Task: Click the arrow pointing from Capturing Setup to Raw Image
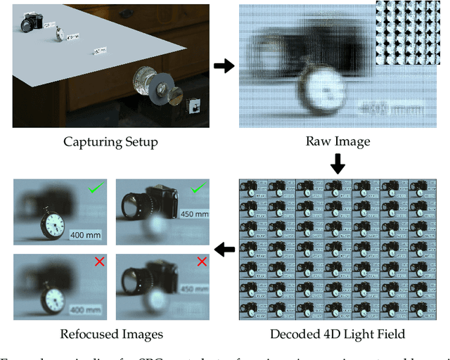[224, 66]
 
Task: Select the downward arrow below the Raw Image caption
[337, 164]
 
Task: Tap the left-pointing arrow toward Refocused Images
[224, 249]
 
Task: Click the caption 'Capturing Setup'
[111, 142]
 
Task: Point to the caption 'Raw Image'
[337, 142]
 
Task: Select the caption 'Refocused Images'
[111, 334]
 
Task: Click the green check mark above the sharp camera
[198, 188]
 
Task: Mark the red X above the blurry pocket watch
[99, 262]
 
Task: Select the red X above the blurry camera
[202, 262]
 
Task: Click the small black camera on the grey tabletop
[31, 23]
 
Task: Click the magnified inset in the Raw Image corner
[408, 32]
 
